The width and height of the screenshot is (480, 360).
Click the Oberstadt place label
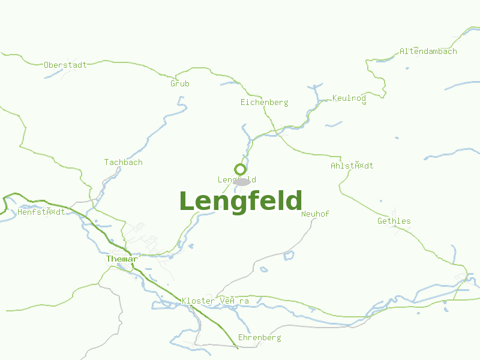tap(65, 65)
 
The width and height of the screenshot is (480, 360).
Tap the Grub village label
tap(179, 84)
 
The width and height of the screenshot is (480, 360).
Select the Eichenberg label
tap(264, 103)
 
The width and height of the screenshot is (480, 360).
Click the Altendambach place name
tap(428, 52)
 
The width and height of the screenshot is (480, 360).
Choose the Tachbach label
tap(123, 163)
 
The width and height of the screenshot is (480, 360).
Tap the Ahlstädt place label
tap(352, 166)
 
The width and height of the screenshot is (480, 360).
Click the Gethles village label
tap(394, 221)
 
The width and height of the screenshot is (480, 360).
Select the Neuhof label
tap(315, 214)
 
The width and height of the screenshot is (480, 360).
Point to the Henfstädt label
tap(41, 212)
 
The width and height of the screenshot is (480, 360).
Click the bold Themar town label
tap(121, 259)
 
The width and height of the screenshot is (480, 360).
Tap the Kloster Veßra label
tap(215, 301)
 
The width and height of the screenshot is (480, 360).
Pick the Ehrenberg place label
tap(259, 338)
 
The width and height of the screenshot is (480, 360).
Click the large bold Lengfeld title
tap(240, 202)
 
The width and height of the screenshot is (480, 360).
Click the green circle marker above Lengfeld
tap(240, 169)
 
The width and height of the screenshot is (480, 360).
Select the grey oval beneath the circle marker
tap(242, 181)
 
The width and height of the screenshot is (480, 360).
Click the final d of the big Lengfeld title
tap(294, 202)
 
